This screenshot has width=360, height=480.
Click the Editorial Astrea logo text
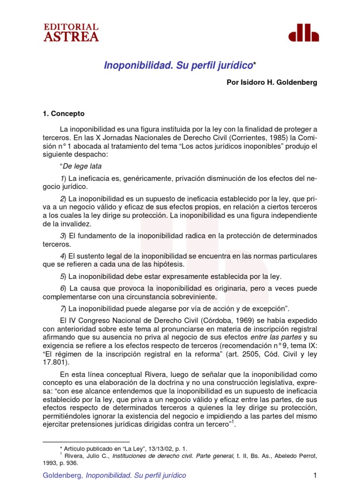pos(71,33)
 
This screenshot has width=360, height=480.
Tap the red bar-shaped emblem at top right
pos(303,33)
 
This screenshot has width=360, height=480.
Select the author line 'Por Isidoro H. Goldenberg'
pos(272,82)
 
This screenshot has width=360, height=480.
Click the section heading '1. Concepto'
pos(64,113)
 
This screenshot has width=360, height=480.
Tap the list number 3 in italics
pos(62,235)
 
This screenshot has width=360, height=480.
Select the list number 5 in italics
pos(62,276)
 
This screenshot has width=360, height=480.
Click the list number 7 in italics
pos(62,308)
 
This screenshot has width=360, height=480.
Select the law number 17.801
pos(55,362)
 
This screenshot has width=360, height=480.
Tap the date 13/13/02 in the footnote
pos(149,449)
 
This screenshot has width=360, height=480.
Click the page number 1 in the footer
pos(315,475)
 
